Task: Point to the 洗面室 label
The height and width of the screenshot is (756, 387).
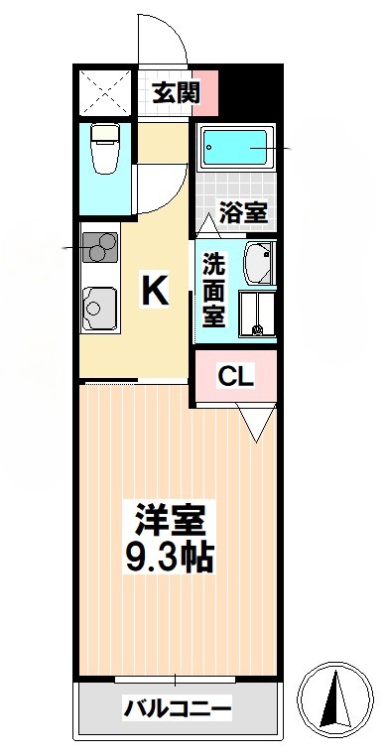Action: tap(213, 290)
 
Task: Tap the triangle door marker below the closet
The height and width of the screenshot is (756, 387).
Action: tap(254, 425)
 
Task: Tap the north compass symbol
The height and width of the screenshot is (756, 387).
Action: tap(337, 698)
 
